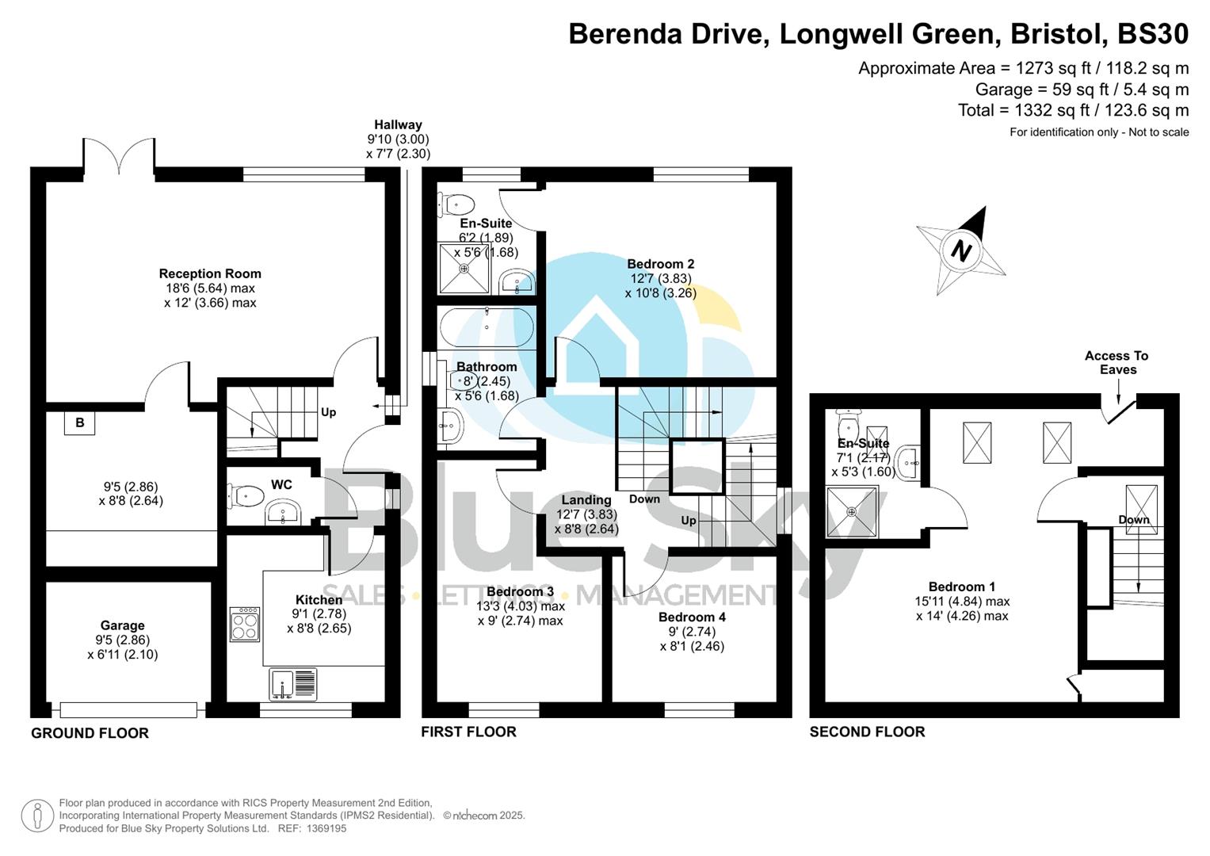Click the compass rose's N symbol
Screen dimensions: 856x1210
(x=961, y=251)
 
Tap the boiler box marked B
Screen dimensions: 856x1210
(x=80, y=423)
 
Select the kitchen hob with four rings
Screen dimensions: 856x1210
(x=245, y=624)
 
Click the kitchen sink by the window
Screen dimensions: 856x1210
(x=292, y=685)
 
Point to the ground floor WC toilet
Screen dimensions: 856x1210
(x=246, y=496)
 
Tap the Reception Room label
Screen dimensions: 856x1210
(x=210, y=273)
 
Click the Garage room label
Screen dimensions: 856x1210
(x=122, y=625)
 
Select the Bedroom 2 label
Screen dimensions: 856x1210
(x=660, y=264)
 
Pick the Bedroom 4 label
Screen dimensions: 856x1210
(x=692, y=617)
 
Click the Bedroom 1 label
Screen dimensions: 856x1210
(x=962, y=587)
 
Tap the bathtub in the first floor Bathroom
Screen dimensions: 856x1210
(x=486, y=327)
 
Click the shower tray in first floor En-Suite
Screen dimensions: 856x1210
(x=464, y=269)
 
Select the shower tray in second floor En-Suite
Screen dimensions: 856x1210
(x=852, y=512)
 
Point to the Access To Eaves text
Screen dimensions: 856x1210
(x=1116, y=363)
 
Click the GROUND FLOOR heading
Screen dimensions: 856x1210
(x=90, y=733)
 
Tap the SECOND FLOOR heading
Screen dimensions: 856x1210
(x=867, y=732)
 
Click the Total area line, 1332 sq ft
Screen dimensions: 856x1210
(x=1073, y=110)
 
